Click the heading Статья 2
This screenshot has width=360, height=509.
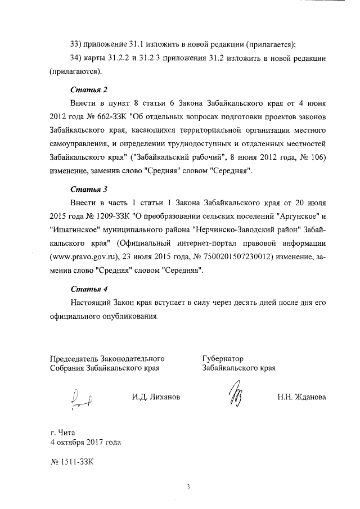[89, 89]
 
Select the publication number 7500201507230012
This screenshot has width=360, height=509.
[232, 257]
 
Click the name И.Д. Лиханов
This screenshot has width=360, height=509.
[156, 397]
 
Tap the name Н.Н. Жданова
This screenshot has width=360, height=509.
[301, 397]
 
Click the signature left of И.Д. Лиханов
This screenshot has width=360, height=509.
[82, 399]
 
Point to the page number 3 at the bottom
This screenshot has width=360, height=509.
[190, 487]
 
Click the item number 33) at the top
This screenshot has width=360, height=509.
[76, 45]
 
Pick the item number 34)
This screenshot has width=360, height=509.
[76, 59]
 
